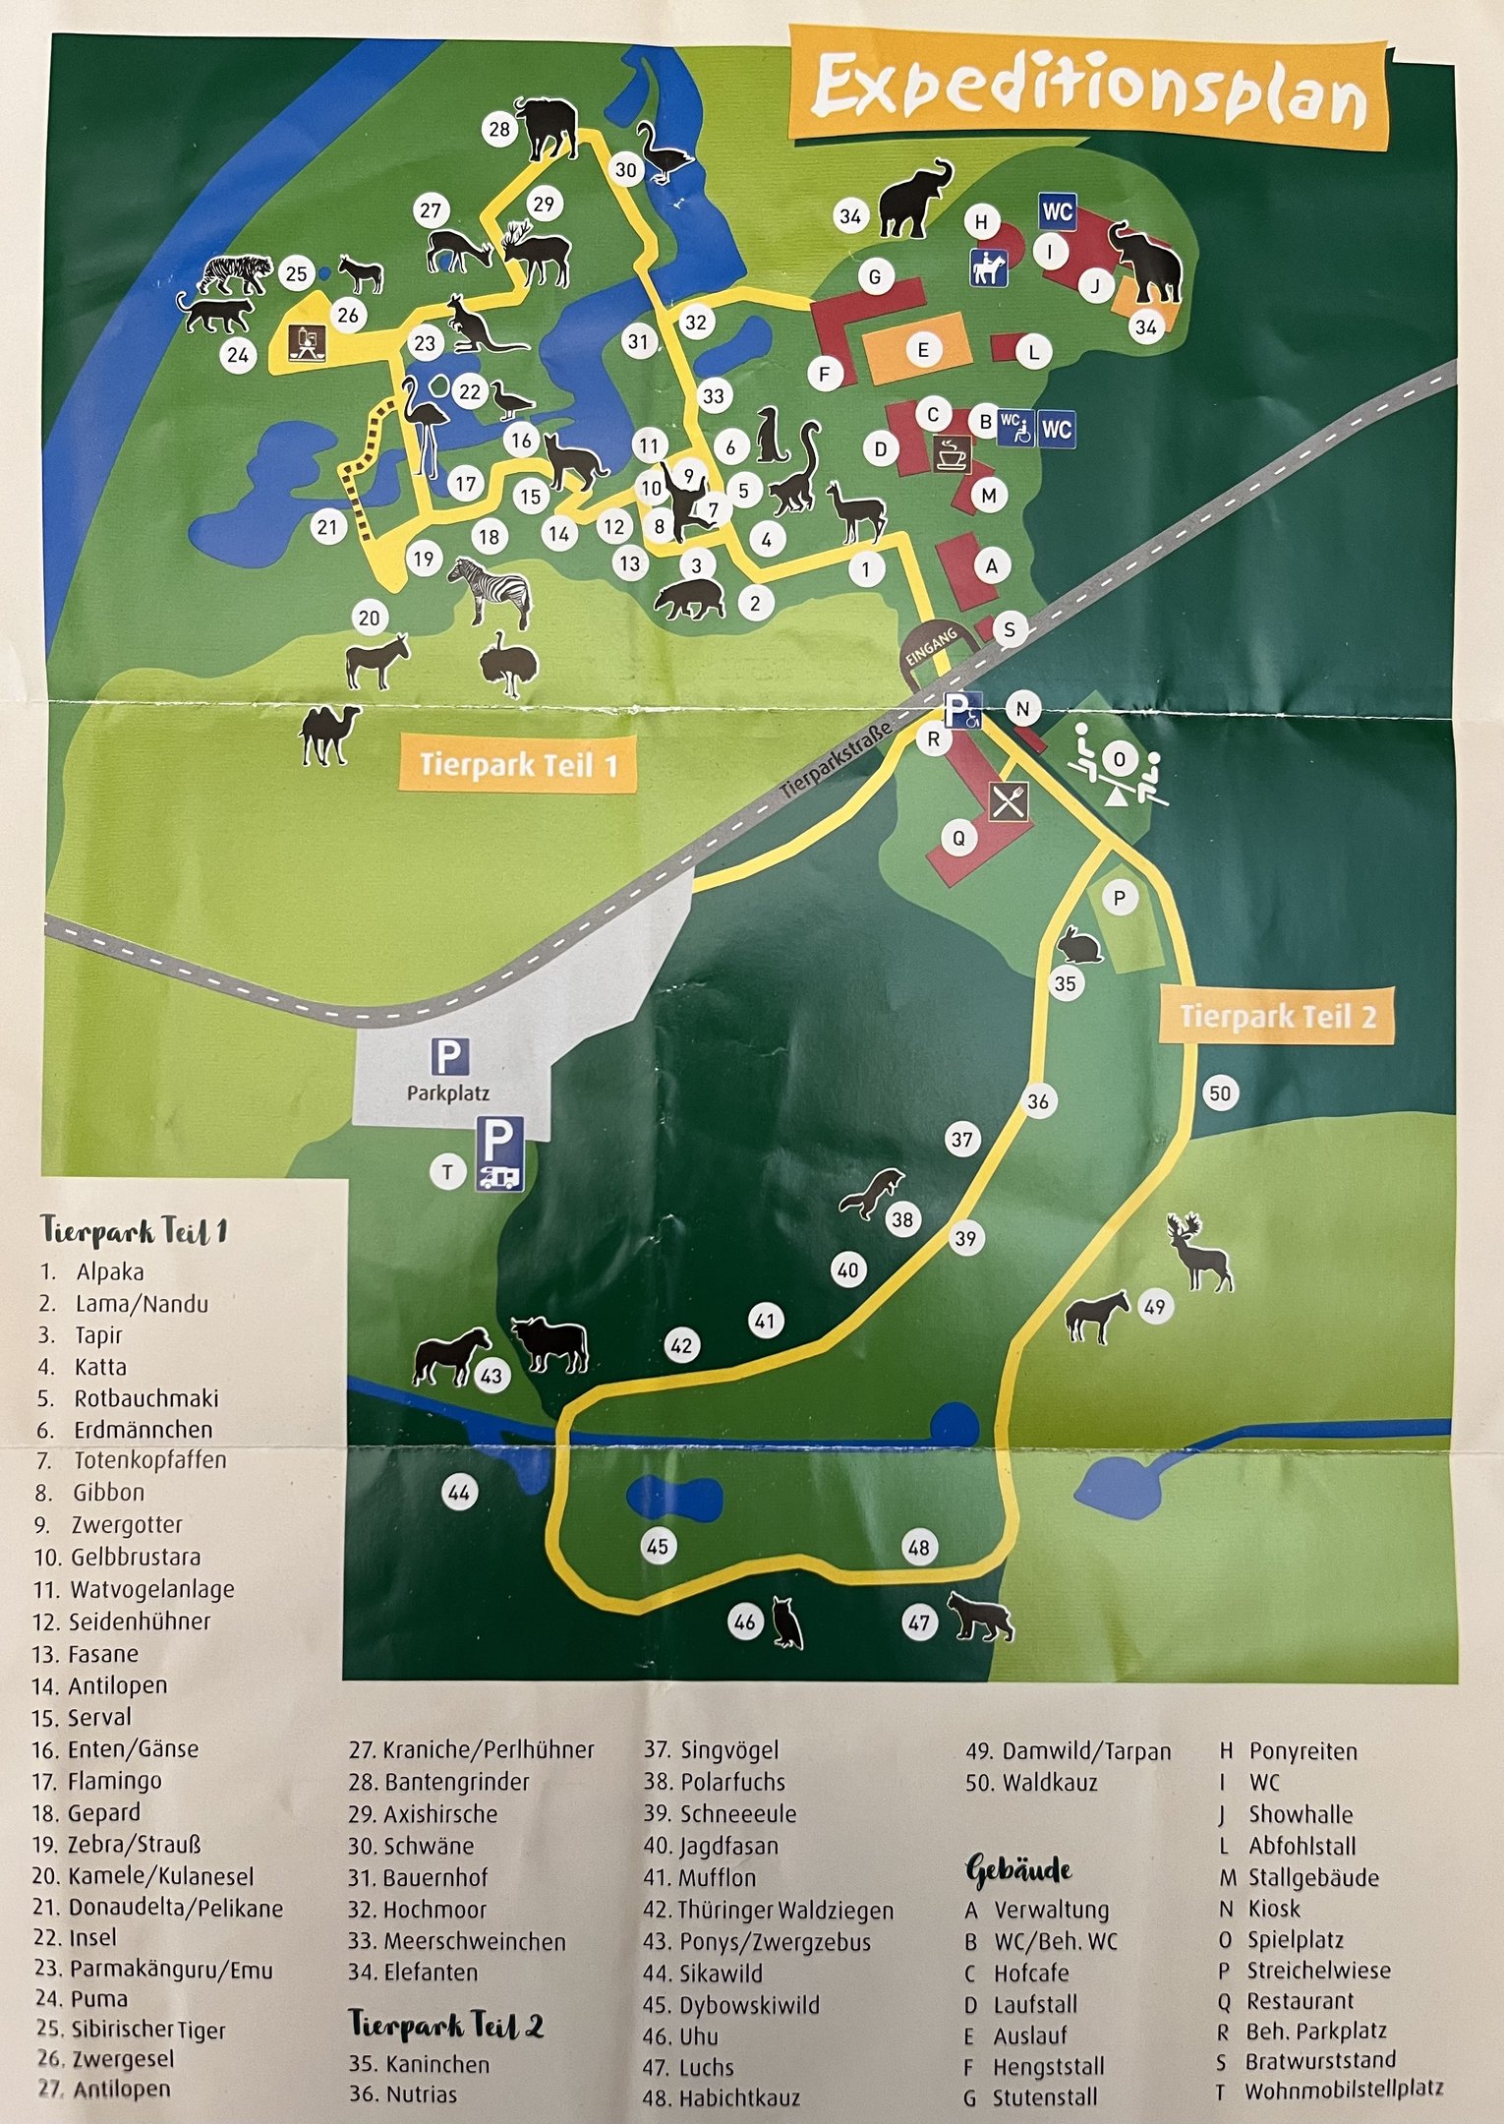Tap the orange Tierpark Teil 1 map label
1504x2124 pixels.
click(x=518, y=764)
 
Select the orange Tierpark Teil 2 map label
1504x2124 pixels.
click(x=1277, y=1016)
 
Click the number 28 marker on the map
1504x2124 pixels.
click(x=499, y=129)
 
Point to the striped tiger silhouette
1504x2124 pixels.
click(x=236, y=273)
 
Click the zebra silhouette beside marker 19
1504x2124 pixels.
click(x=492, y=589)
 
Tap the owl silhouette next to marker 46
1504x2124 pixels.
click(x=787, y=1622)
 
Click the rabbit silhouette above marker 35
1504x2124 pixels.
click(x=1078, y=946)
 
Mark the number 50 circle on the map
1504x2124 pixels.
click(x=1220, y=1092)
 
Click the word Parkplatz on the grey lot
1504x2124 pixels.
click(x=448, y=1092)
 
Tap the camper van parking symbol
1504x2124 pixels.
click(x=499, y=1153)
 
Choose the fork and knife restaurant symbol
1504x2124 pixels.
click(x=1009, y=800)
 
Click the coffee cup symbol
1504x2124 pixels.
click(x=952, y=453)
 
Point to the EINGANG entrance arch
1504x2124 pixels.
click(x=932, y=649)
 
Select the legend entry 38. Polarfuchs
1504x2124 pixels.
click(x=715, y=1782)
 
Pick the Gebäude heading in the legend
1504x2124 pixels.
click(x=1018, y=1870)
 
